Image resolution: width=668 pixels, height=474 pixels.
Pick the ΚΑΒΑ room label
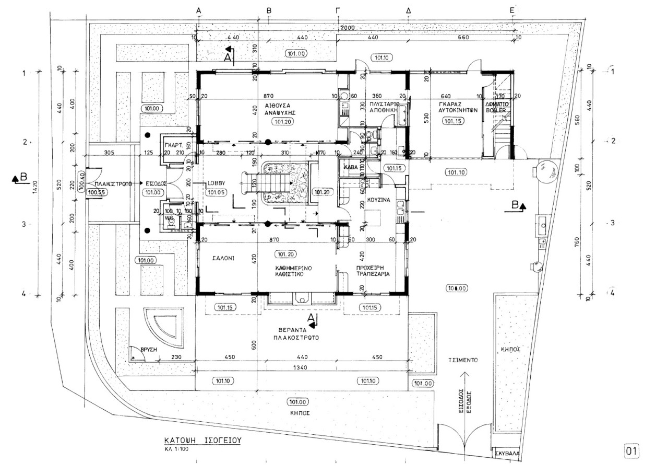click(350, 168)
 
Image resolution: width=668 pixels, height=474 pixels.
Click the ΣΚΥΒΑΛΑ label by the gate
click(508, 453)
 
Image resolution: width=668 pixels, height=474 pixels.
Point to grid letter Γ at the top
click(338, 10)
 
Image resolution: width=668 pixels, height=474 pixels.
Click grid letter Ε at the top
click(512, 10)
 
